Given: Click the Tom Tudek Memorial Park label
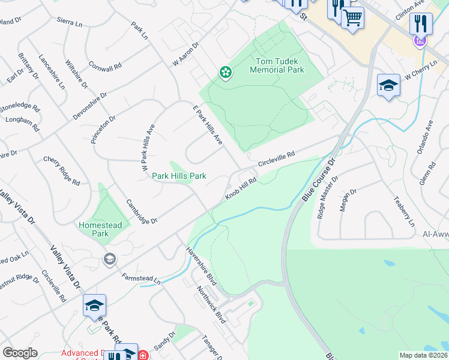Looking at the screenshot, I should [280, 65].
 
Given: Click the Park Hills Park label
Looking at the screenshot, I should [179, 176].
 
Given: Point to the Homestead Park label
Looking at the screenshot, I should [101, 229].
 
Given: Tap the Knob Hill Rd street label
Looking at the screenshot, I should [241, 188].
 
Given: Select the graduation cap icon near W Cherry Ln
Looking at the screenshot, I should [388, 86].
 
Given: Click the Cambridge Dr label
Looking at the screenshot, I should [142, 212].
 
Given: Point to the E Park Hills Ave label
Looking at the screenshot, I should [208, 125].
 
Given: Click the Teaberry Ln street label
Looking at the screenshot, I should [403, 211].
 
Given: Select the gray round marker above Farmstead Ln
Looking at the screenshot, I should [109, 259].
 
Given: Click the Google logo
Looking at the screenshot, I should [20, 353].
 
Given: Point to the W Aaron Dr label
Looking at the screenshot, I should [185, 53].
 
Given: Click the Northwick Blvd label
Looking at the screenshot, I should [211, 305].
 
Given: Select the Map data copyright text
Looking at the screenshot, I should [423, 355].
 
